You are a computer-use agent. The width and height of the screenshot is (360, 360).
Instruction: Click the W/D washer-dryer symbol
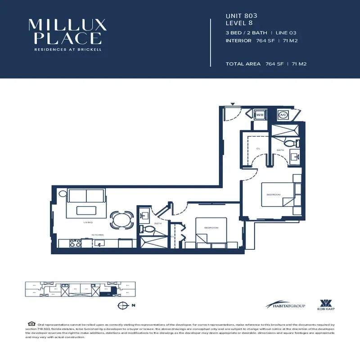pyautogui.click(x=260, y=115)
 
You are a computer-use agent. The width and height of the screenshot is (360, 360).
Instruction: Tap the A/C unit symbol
pyautogui.click(x=283, y=115)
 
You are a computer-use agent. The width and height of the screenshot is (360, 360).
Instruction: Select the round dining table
pyautogui.click(x=121, y=220)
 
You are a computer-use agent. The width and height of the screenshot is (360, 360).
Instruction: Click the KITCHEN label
pyautogui.click(x=99, y=235)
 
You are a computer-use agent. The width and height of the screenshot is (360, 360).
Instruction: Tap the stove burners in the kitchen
pyautogui.click(x=75, y=243)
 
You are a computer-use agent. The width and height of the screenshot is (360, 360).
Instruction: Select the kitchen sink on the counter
pyautogui.click(x=98, y=243)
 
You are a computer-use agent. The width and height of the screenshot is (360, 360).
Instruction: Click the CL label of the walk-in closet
pyautogui.click(x=258, y=148)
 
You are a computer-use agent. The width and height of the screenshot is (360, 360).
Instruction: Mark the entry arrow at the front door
pyautogui.click(x=233, y=104)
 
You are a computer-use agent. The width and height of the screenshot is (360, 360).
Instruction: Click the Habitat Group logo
pyautogui.click(x=285, y=306)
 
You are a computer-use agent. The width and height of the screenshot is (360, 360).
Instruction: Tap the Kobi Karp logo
pyautogui.click(x=327, y=305)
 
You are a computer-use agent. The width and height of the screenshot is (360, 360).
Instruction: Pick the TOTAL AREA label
pyautogui.click(x=243, y=64)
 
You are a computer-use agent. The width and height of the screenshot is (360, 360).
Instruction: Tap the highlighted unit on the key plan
pyautogui.click(x=105, y=295)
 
